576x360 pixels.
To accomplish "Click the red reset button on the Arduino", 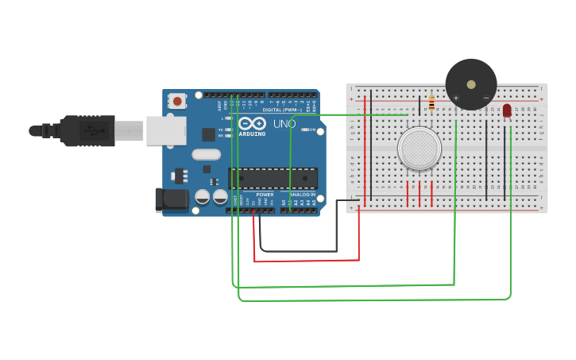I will point(176,101).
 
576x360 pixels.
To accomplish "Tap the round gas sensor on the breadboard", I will point(419,149).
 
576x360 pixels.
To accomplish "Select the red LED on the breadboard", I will point(507,110).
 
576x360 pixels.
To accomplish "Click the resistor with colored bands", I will point(431,103).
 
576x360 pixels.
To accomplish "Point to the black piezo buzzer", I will point(471,84).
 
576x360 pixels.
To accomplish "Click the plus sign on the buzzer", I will point(456,98).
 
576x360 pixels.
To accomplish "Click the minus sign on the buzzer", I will point(486,98).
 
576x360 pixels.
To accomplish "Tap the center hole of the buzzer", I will point(471,83).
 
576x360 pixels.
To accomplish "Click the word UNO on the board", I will point(284,124).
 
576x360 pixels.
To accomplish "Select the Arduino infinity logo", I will point(251,124).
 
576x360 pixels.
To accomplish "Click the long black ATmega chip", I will point(273,179).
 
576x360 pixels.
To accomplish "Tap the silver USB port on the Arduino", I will point(166,130).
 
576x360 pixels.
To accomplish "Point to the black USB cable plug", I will point(91,130).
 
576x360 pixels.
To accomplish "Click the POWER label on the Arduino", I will point(265,195).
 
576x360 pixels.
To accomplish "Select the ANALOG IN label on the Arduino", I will point(302,195).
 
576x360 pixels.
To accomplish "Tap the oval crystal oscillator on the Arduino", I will point(206,155).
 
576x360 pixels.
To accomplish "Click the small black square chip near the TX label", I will point(208,134).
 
